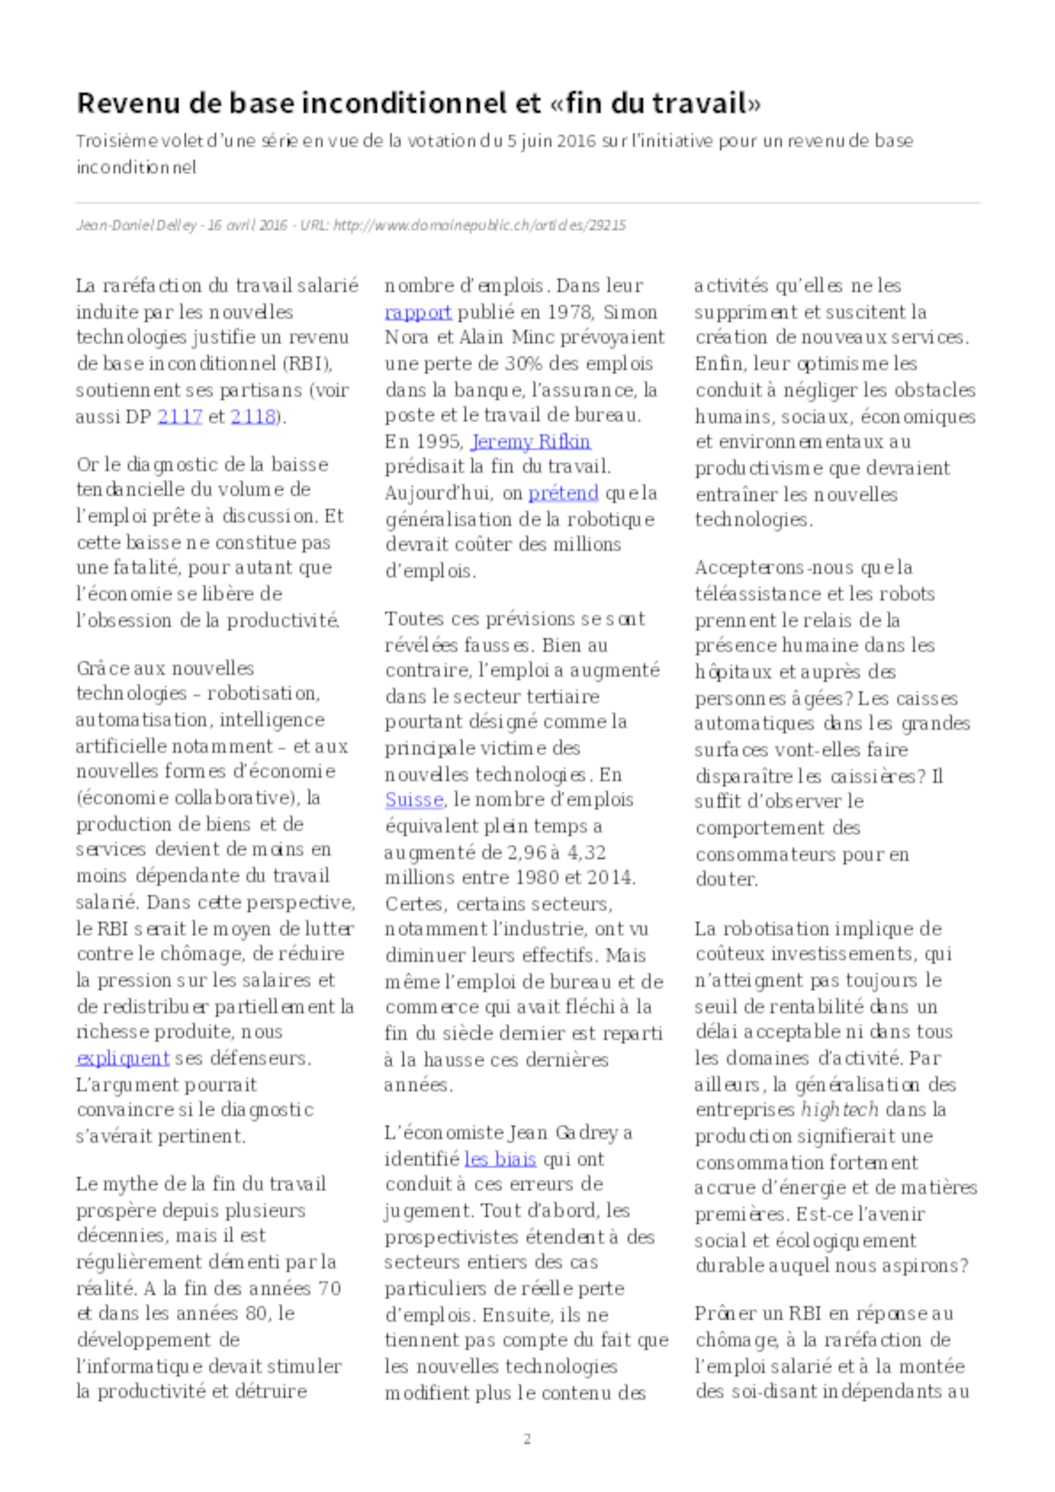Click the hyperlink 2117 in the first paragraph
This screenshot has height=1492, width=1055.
pos(179,416)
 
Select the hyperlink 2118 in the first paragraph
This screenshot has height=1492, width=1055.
pos(253,416)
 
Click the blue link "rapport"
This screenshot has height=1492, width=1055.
pos(418,312)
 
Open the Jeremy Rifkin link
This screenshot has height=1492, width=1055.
pos(531,442)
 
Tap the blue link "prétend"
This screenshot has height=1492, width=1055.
pos(563,493)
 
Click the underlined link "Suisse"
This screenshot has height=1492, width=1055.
pos(414,799)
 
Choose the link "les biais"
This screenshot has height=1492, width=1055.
pos(500,1159)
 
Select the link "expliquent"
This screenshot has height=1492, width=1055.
pos(123,1058)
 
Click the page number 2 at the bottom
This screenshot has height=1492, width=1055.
pos(527,1439)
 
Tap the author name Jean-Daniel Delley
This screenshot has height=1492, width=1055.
pos(136,226)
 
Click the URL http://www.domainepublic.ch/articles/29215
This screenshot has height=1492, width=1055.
pos(479,226)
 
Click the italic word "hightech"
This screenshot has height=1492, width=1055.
pos(839,1109)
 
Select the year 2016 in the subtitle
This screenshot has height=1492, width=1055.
pos(576,141)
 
